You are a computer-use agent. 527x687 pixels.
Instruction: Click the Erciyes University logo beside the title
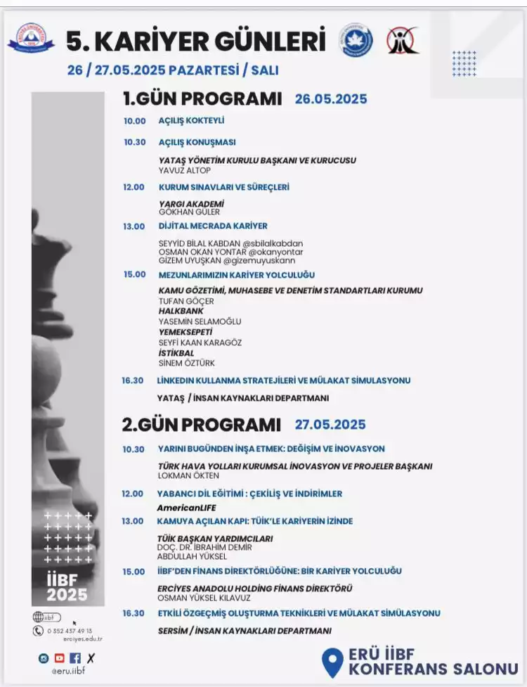coord(30,39)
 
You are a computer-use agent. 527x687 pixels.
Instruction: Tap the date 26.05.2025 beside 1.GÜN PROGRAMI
coord(331,99)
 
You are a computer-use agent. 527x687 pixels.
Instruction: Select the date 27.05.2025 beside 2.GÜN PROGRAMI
coord(330,425)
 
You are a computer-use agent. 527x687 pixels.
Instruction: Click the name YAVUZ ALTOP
coord(185,170)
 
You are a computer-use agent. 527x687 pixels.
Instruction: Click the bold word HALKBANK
coord(181,311)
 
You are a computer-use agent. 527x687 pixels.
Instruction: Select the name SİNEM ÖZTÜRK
coord(187,363)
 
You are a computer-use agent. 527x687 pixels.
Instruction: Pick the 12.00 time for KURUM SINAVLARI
coord(134,187)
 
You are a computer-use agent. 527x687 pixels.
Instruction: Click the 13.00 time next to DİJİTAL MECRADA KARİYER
coord(134,226)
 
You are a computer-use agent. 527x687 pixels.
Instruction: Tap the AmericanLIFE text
coord(186,508)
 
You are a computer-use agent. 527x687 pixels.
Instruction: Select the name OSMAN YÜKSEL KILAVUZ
coord(204,598)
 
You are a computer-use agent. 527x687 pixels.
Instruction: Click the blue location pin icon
coord(331,662)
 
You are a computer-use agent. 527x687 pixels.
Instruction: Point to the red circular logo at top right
coord(402,41)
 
